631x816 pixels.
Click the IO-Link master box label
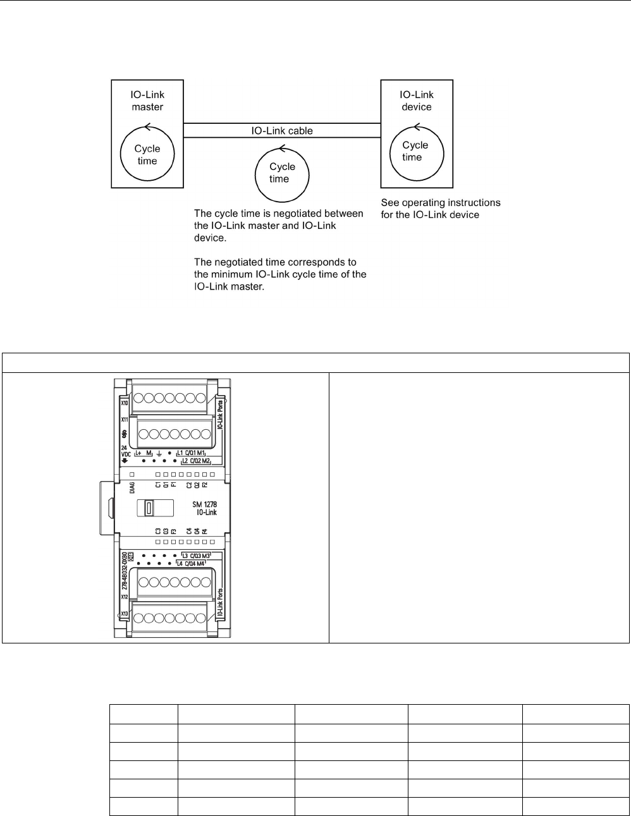[147, 101]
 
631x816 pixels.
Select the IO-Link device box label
[417, 101]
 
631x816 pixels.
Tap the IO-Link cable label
[282, 131]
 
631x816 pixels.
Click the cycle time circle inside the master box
[147, 154]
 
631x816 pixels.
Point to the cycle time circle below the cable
[281, 173]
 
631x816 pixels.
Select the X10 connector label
[124, 403]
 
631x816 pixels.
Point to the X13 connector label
[124, 614]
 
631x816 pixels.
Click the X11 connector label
[124, 420]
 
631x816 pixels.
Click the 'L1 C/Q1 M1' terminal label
[191, 453]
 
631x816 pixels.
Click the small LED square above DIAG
[132, 474]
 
